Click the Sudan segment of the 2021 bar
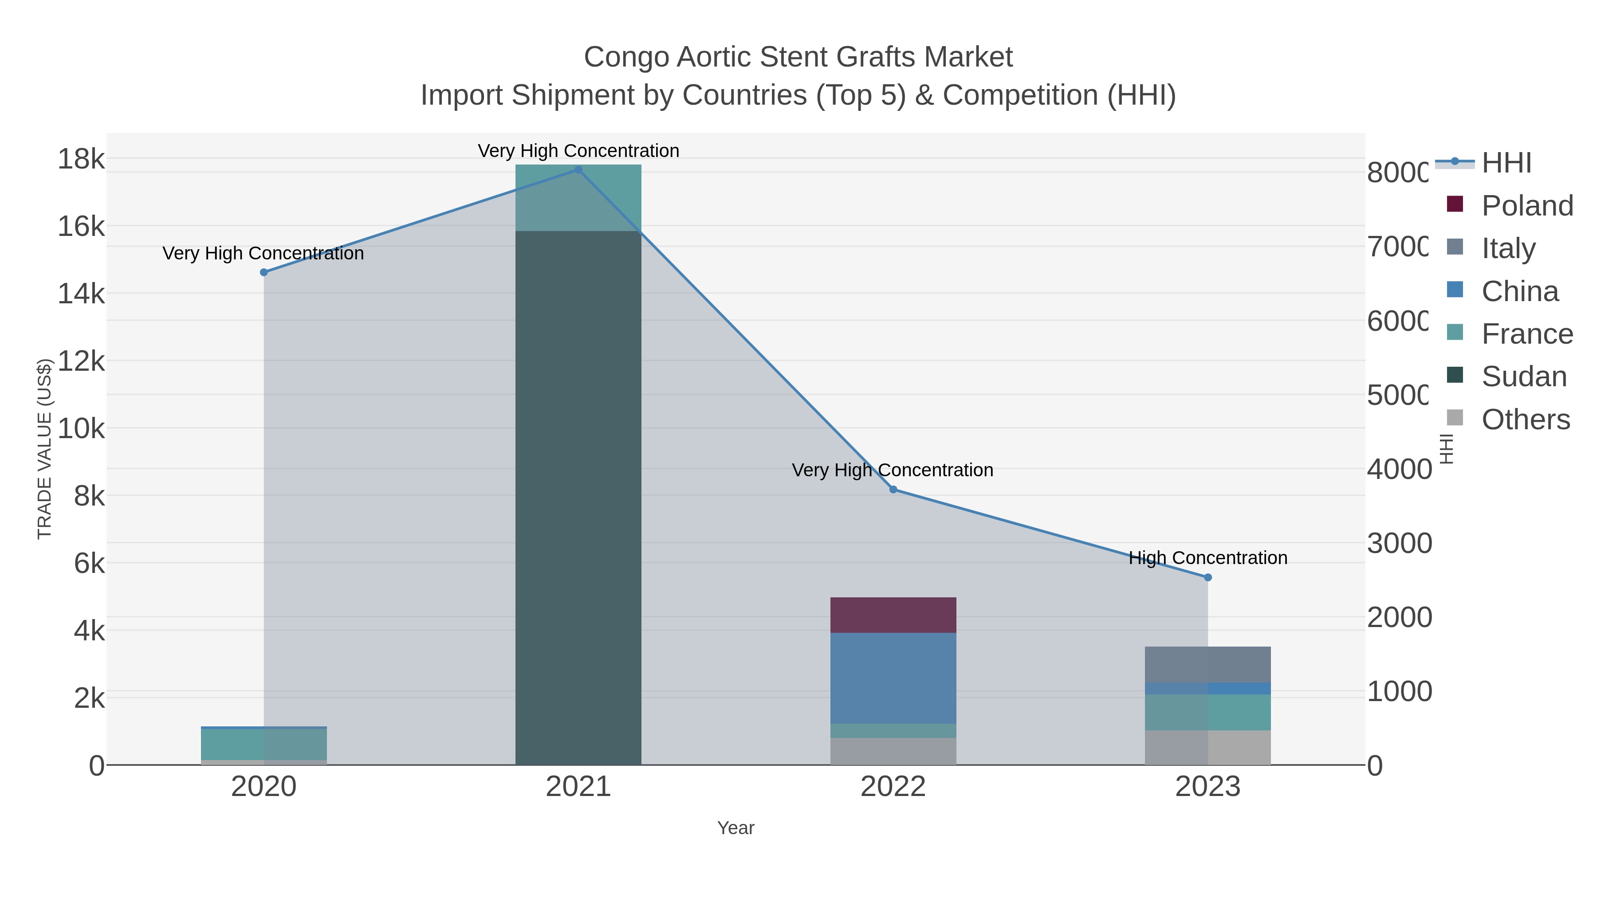click(578, 496)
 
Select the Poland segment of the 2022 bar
click(893, 615)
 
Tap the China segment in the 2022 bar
click(893, 678)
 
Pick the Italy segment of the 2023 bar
click(1207, 664)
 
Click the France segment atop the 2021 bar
click(578, 197)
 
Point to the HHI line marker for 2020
click(264, 272)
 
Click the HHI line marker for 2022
click(893, 490)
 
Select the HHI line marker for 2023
click(1207, 577)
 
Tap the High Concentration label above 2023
click(1207, 558)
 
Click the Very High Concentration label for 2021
click(578, 151)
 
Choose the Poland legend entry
click(1527, 206)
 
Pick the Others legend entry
click(1525, 420)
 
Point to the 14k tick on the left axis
click(81, 294)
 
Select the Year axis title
click(735, 828)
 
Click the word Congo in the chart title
click(626, 57)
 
